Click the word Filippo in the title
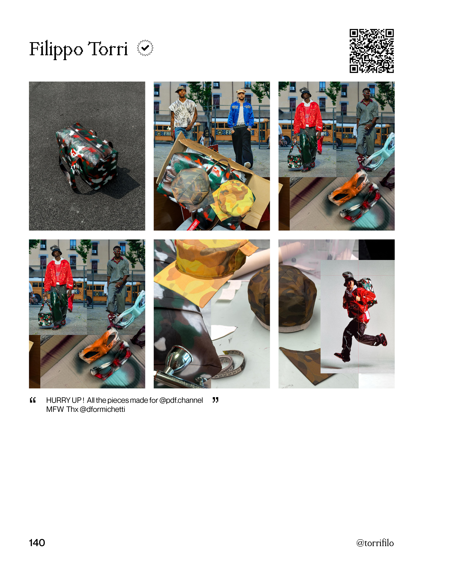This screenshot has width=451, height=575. click(56, 50)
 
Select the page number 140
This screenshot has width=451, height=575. click(37, 542)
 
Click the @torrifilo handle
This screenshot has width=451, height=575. click(375, 543)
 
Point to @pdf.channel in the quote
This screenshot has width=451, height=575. click(181, 400)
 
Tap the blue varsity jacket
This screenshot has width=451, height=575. click(241, 114)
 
